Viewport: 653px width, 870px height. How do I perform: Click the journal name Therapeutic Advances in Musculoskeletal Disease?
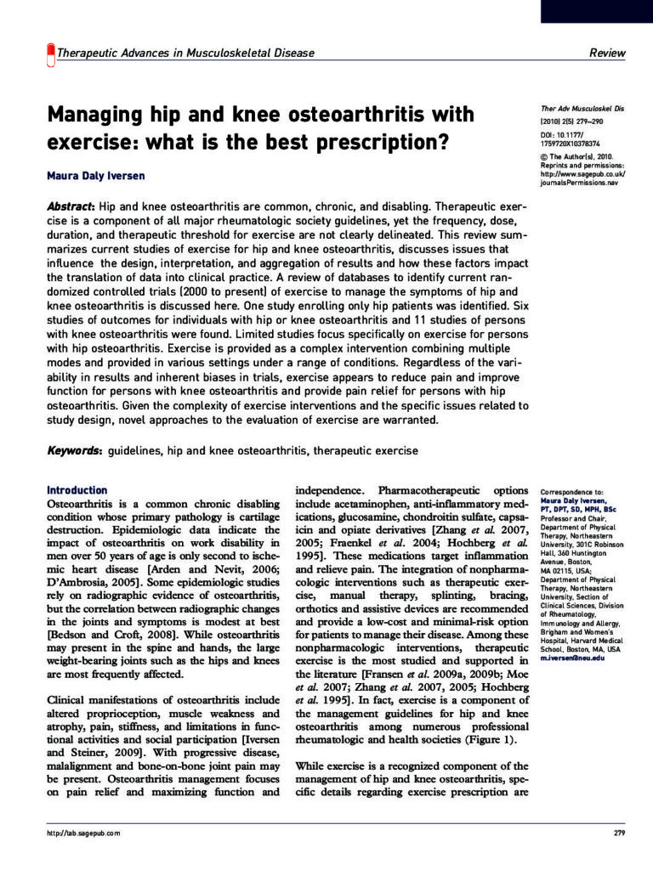185,53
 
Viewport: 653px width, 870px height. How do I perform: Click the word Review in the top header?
607,53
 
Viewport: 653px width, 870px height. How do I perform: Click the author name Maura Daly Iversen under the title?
95,177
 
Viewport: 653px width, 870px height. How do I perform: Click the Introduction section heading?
77,490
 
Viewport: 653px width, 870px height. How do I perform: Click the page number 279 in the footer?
619,833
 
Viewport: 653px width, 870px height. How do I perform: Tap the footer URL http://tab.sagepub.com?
83,833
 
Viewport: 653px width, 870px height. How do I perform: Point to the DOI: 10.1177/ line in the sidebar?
565,134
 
